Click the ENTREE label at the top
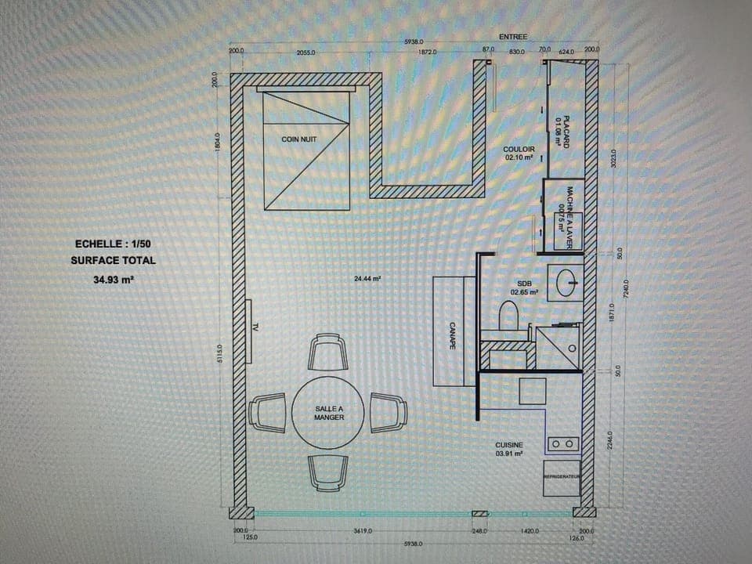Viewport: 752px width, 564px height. coord(513,37)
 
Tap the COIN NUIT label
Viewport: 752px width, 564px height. coord(299,139)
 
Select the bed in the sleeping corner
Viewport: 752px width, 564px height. coord(306,150)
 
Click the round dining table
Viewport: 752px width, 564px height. coord(329,412)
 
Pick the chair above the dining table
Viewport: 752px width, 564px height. coord(328,352)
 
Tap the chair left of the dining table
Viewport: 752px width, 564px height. coord(268,413)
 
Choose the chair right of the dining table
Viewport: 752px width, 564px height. coord(389,413)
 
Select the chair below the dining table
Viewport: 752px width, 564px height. coord(328,472)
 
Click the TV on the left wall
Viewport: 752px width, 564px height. coord(248,331)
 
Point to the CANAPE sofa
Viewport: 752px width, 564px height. coord(454,331)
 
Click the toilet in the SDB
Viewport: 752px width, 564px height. coord(509,316)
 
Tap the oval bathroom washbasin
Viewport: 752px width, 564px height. coord(569,282)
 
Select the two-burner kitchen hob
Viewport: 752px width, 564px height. coord(563,444)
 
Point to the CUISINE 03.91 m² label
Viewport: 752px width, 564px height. coord(509,449)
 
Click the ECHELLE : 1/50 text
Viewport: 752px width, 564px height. coord(113,244)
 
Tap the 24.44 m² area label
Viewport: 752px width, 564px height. coord(367,278)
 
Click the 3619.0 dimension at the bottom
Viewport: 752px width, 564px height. coord(363,530)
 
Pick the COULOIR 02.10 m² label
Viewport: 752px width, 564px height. coord(519,152)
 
